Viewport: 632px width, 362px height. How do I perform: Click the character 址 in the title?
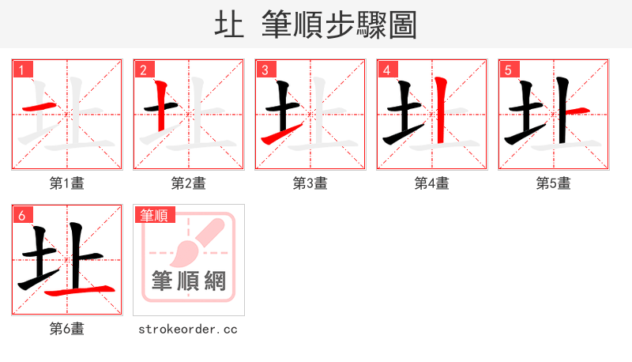pos(230,25)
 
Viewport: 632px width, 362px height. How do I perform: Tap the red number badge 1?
pos(21,70)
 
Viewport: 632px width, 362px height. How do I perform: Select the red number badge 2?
pos(143,70)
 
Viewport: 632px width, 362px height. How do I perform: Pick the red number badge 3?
pos(265,70)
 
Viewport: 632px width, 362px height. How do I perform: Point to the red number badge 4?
pos(386,70)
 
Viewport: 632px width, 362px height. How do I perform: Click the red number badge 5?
pos(508,70)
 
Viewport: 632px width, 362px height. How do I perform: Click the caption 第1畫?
pos(67,183)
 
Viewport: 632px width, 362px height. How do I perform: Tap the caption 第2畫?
pos(189,183)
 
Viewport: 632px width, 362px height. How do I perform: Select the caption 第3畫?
pos(310,183)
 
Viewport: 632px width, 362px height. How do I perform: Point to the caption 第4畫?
pos(432,183)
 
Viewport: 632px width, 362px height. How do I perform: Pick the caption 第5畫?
pos(554,183)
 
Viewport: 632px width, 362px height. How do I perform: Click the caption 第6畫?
pos(67,329)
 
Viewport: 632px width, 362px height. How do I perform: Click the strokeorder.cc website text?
pos(188,329)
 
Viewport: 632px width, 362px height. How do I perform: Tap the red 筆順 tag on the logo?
pos(155,215)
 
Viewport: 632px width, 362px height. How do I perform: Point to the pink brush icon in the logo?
pos(194,241)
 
